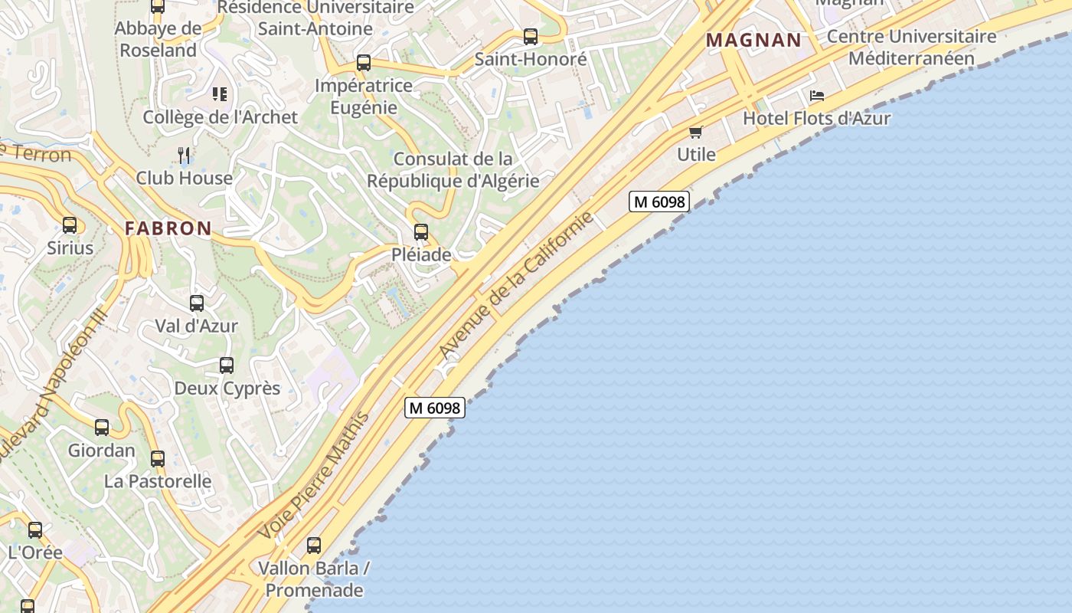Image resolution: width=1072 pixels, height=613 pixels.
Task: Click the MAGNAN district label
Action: pyautogui.click(x=753, y=40)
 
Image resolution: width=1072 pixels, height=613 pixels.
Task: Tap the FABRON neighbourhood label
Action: pyautogui.click(x=168, y=228)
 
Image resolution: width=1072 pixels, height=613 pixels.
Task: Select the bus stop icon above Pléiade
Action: pyautogui.click(x=420, y=232)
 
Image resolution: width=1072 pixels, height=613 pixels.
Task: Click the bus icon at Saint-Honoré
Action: pyautogui.click(x=531, y=36)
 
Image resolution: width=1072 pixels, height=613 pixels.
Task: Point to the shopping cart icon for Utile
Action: pyautogui.click(x=696, y=132)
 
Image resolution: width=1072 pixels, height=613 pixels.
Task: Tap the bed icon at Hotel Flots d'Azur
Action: pyautogui.click(x=817, y=96)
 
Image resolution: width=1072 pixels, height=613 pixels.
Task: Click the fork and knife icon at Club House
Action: pyautogui.click(x=184, y=156)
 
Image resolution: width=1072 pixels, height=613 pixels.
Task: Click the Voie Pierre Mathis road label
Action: pyautogui.click(x=314, y=475)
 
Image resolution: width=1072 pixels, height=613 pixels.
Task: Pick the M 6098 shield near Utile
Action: pyautogui.click(x=659, y=202)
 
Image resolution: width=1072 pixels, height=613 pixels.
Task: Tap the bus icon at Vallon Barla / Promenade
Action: pyautogui.click(x=314, y=546)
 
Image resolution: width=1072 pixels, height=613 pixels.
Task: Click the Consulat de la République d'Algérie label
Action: pyautogui.click(x=453, y=170)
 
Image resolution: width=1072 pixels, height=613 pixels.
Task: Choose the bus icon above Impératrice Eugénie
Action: pyautogui.click(x=364, y=63)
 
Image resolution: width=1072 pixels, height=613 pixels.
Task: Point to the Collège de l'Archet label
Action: pyautogui.click(x=221, y=117)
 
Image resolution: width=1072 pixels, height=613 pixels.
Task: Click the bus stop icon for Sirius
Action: pyautogui.click(x=70, y=225)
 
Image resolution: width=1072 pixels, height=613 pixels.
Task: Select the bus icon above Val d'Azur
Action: pyautogui.click(x=197, y=303)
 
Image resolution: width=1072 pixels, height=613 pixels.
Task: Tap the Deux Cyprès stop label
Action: pyautogui.click(x=227, y=388)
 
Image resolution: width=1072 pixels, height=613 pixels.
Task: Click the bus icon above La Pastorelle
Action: pyautogui.click(x=158, y=459)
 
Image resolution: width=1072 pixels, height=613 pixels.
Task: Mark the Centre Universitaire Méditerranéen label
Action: pyautogui.click(x=911, y=47)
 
